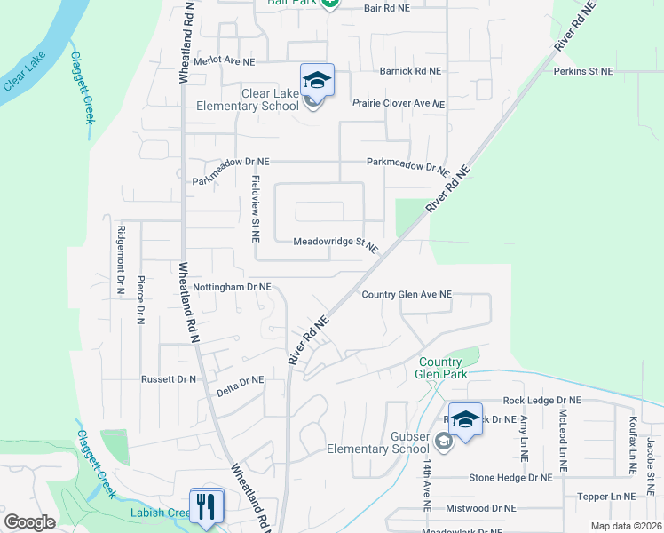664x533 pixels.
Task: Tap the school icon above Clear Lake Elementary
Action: [317, 81]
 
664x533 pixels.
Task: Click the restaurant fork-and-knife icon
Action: [206, 506]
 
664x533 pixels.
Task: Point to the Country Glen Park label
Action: [439, 368]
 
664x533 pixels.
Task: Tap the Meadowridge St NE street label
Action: [336, 242]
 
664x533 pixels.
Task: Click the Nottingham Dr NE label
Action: [232, 288]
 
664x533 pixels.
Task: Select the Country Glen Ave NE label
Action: [407, 295]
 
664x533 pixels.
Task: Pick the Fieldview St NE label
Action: [256, 209]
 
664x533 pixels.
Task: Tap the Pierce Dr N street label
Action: [140, 299]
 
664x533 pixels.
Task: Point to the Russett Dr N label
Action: [168, 379]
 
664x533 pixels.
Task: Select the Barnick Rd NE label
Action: [410, 71]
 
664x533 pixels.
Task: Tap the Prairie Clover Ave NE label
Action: [398, 104]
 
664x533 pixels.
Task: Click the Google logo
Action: [29, 522]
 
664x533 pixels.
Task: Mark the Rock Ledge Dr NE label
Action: [541, 401]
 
